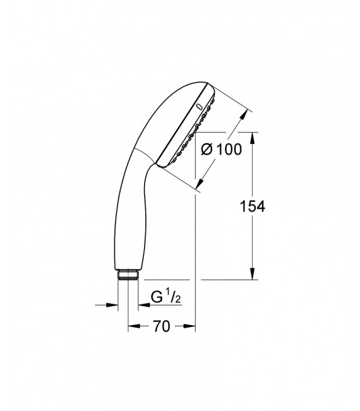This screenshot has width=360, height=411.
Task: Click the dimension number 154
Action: tap(252, 206)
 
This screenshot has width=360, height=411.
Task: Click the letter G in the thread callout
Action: tap(156, 297)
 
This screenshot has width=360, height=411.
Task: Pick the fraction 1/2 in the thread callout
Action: tap(171, 296)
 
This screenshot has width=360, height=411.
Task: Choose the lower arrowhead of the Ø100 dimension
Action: tap(201, 182)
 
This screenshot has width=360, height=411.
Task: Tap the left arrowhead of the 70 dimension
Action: tap(133, 326)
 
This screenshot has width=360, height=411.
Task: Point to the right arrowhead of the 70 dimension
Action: tap(191, 326)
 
